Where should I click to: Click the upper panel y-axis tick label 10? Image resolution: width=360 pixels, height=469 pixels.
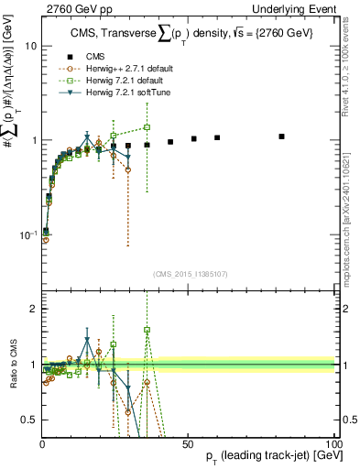click(30, 46)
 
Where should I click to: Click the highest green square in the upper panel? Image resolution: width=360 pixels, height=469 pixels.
click(147, 127)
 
